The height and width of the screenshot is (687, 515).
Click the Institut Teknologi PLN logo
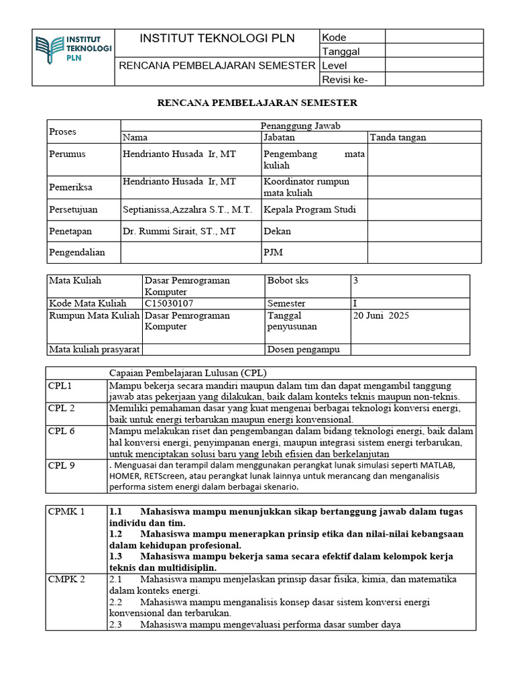(74, 49)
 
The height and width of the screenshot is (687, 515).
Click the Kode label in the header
(334, 38)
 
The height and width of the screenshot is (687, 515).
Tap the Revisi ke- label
(345, 80)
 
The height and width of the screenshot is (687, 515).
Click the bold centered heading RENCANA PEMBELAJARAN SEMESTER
(257, 103)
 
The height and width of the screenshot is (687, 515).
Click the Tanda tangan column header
(398, 138)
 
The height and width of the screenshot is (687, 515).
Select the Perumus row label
(67, 154)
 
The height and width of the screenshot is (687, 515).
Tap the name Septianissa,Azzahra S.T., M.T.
(187, 209)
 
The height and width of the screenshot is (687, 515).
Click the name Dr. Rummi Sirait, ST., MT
(179, 231)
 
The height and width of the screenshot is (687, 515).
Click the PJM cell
(273, 252)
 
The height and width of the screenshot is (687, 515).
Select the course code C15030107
(173, 304)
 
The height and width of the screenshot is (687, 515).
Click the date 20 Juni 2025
(381, 315)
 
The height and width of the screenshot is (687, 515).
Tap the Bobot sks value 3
(356, 280)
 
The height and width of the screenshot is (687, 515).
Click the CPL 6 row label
(62, 431)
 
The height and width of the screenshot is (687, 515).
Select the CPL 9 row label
(62, 464)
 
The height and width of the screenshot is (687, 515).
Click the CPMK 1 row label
(67, 512)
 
